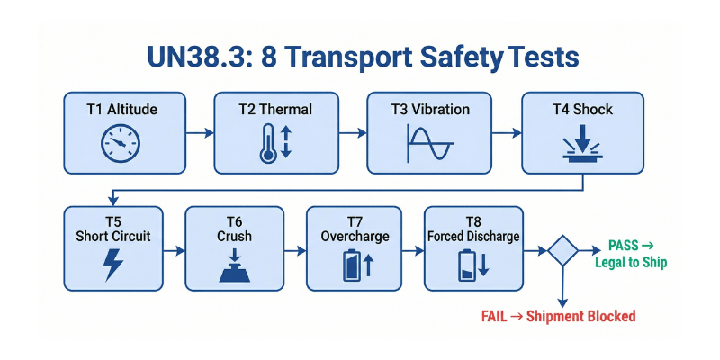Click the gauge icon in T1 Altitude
pyautogui.click(x=121, y=144)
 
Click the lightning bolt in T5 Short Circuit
pyautogui.click(x=113, y=265)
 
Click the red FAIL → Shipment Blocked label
pyautogui.click(x=558, y=316)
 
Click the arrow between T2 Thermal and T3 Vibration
pyautogui.click(x=351, y=133)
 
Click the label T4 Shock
pyautogui.click(x=582, y=110)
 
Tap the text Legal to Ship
pyautogui.click(x=631, y=263)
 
